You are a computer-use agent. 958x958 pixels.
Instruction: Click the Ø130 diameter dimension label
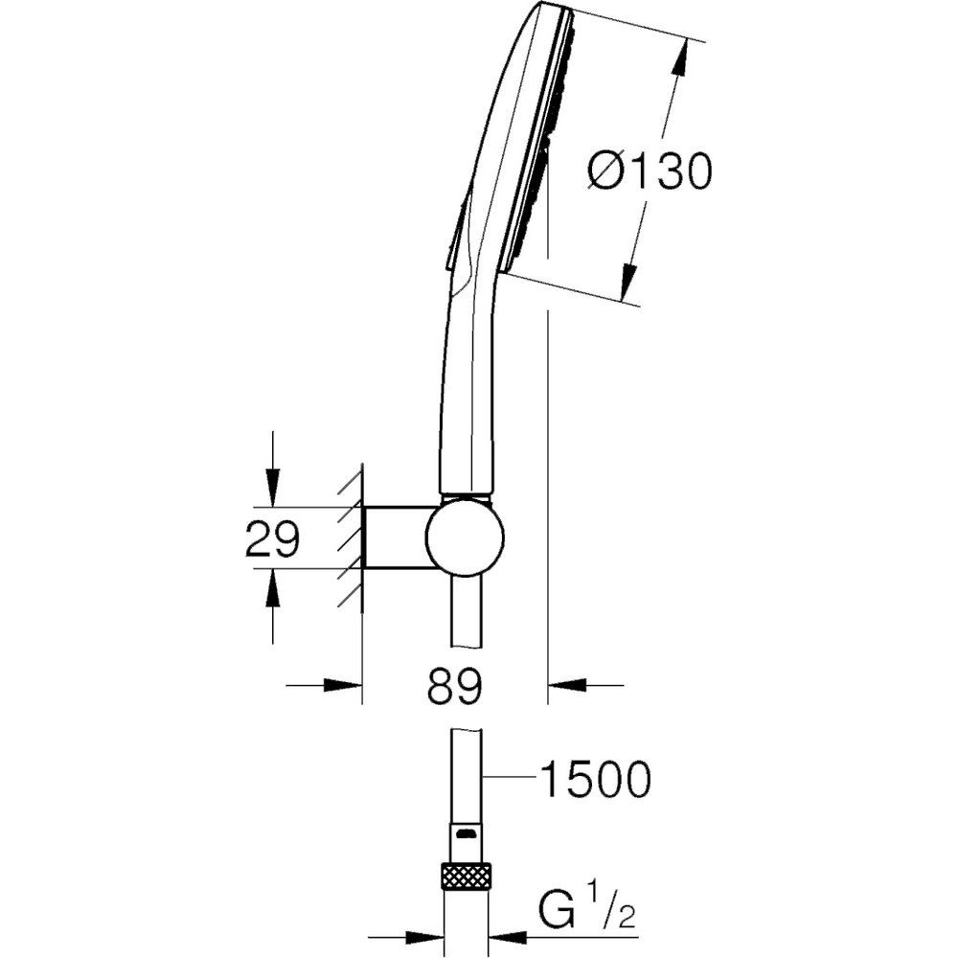[650, 171]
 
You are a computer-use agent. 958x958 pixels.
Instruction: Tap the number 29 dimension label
[272, 538]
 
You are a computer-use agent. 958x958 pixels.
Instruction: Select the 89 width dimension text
[454, 685]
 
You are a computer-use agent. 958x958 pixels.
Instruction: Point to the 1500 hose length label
[596, 779]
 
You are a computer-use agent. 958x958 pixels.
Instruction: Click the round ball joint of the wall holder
[466, 537]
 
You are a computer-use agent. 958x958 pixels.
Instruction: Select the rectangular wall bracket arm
[397, 537]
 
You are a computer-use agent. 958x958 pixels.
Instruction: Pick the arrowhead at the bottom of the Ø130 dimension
[629, 281]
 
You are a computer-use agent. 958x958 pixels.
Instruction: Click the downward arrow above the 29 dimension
[272, 487]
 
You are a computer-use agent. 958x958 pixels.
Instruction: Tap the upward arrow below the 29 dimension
[272, 588]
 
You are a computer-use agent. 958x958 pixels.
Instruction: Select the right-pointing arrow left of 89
[343, 685]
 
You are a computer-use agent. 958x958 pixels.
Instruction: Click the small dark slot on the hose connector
[467, 833]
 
